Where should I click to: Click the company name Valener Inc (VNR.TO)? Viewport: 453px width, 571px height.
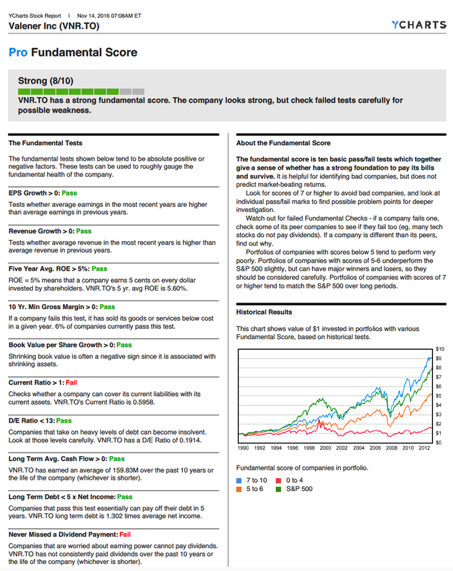point(54,26)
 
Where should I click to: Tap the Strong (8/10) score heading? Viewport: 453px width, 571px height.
point(46,81)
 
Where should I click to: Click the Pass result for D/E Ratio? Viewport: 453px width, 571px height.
point(64,421)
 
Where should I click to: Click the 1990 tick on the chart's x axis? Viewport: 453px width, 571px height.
point(243,448)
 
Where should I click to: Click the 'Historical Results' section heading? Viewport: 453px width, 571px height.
point(264,312)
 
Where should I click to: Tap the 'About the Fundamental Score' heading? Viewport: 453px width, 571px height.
point(283,143)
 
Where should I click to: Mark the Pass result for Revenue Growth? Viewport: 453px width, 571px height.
point(84,231)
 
